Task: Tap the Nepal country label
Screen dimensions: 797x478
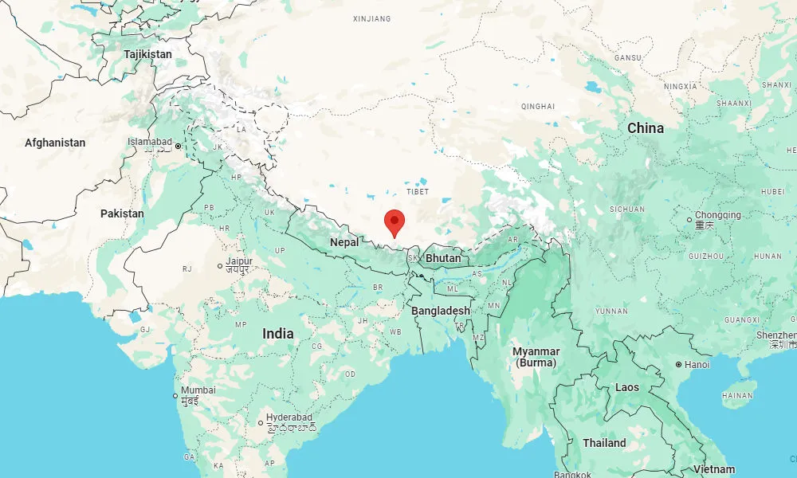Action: (345, 242)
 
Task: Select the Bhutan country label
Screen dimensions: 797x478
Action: (442, 259)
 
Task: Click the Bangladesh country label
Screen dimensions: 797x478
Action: (441, 311)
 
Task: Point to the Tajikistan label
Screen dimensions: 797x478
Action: (147, 54)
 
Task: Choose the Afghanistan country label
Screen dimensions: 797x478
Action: (55, 143)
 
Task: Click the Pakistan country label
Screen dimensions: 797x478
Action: (122, 214)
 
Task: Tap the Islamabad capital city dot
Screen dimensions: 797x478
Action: (178, 146)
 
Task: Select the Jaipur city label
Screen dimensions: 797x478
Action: (238, 261)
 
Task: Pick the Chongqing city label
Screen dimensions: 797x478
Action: (717, 215)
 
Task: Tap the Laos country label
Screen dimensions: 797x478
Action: (626, 387)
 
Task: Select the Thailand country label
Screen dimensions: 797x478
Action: (604, 443)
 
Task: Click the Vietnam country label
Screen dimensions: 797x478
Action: (713, 469)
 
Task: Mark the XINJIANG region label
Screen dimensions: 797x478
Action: (374, 17)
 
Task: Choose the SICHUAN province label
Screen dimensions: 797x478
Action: (627, 209)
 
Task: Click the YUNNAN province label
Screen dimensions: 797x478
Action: (611, 311)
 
